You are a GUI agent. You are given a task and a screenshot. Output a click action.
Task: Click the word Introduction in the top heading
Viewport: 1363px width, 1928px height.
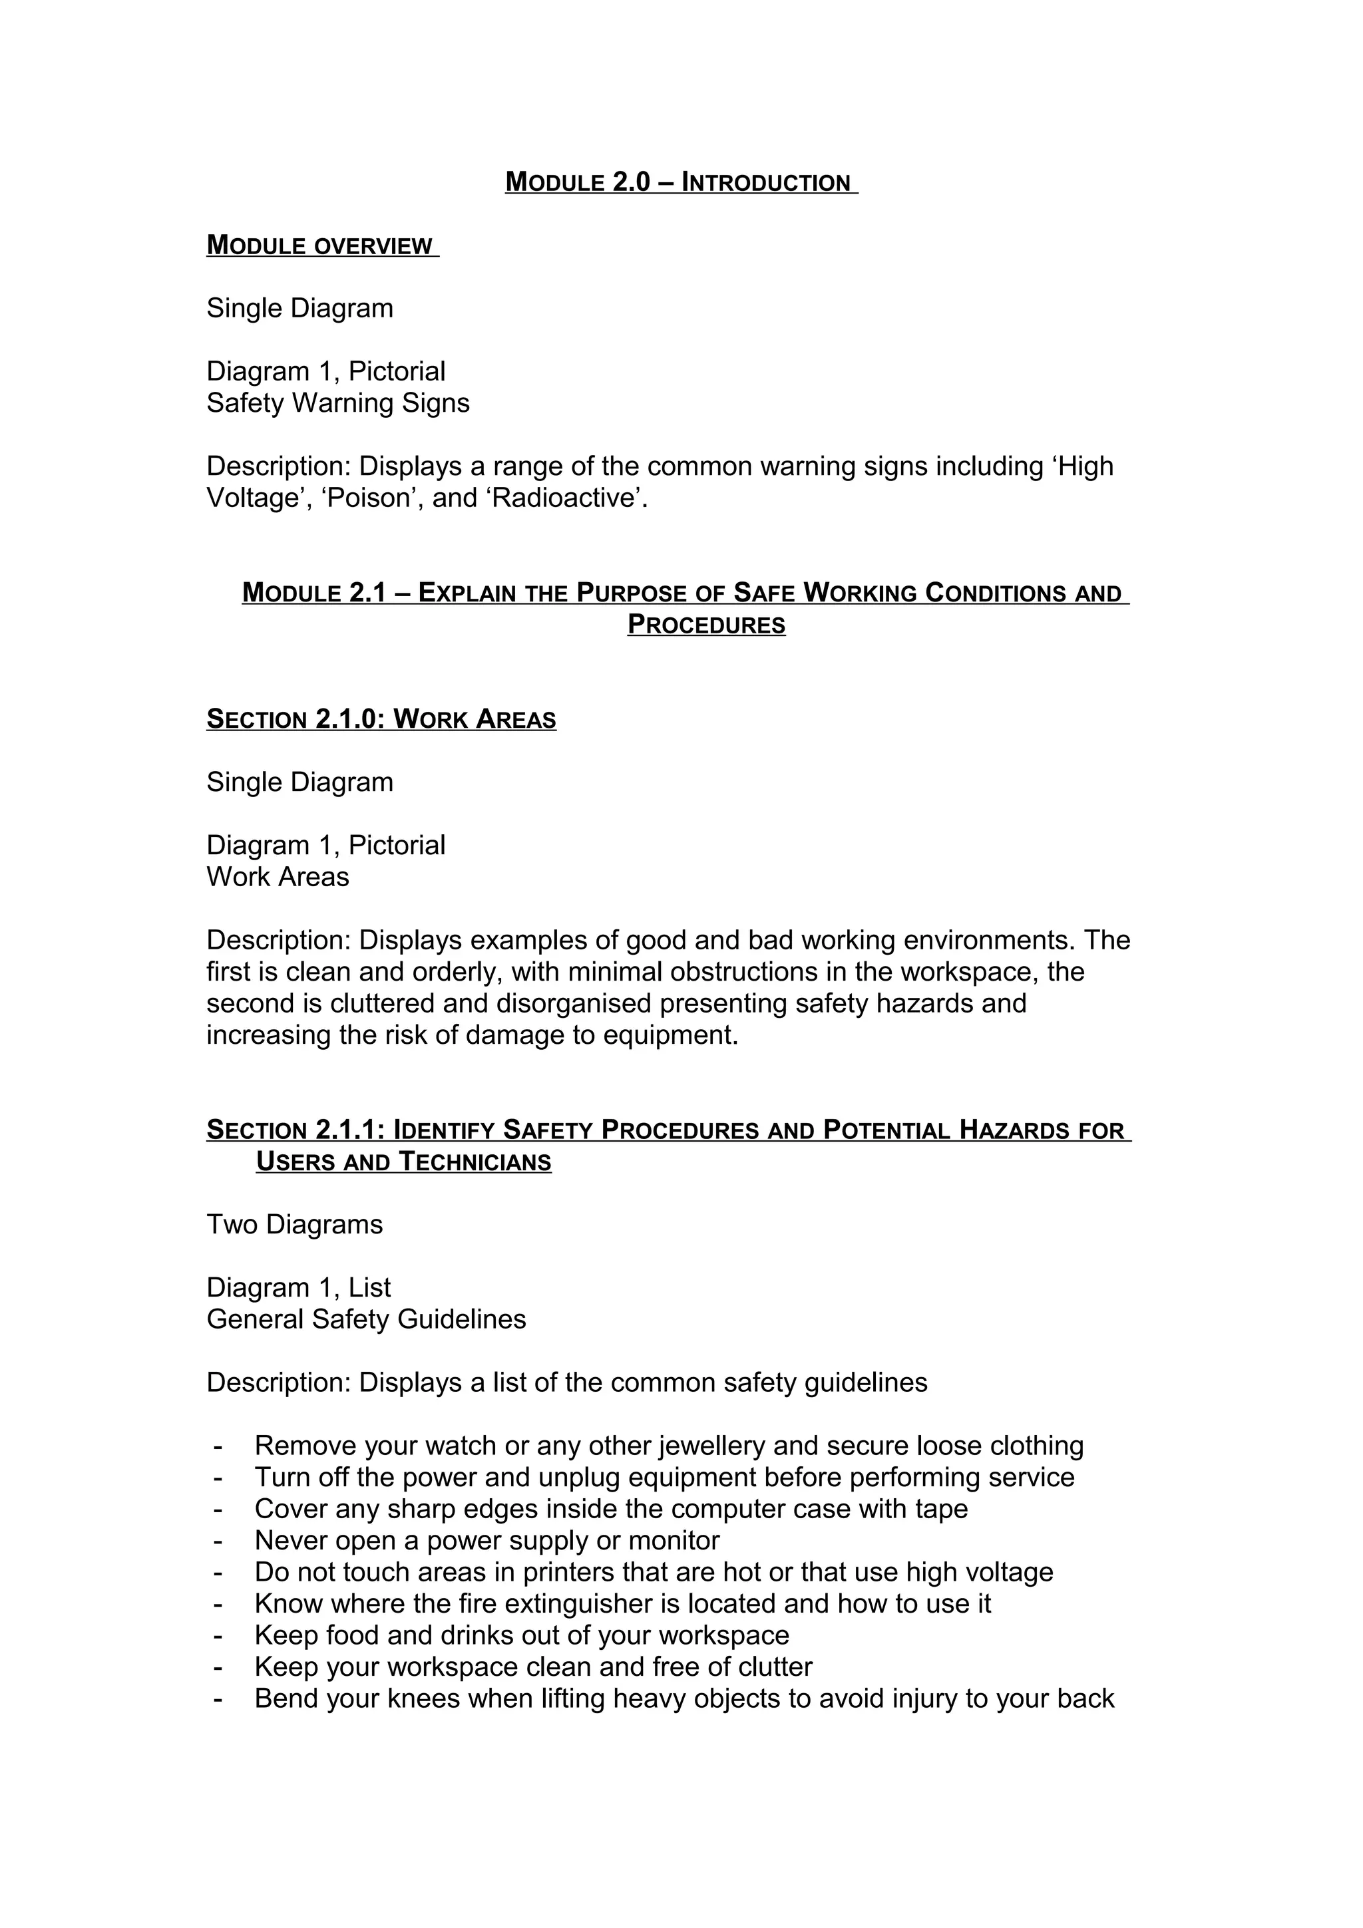click(766, 182)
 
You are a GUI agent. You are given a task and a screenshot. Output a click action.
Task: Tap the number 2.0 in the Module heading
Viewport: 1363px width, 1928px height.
click(632, 182)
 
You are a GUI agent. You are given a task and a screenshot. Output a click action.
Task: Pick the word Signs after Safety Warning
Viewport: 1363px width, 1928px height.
click(435, 403)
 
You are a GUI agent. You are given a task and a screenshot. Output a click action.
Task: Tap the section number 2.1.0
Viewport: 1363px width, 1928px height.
click(347, 720)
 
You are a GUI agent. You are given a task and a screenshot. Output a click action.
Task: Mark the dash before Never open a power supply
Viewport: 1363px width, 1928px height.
click(218, 1541)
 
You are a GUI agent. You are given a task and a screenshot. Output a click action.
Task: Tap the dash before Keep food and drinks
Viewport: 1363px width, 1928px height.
click(218, 1636)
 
